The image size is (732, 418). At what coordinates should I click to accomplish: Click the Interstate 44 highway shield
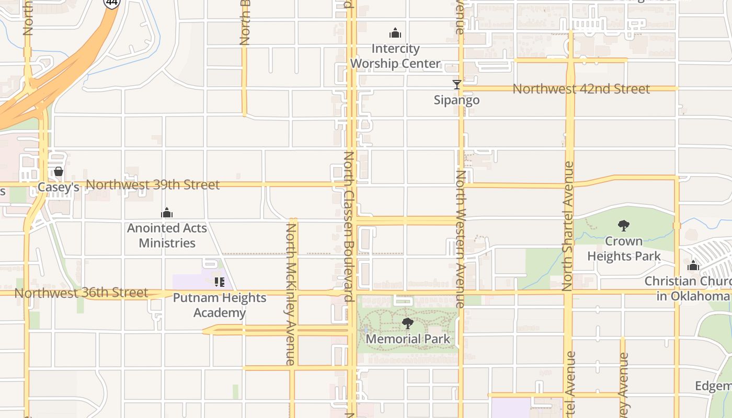[111, 3]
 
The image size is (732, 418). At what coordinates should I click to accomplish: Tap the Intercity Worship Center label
[395, 56]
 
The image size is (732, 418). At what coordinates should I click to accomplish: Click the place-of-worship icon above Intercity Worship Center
[395, 33]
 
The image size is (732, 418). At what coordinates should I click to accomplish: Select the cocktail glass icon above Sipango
[456, 84]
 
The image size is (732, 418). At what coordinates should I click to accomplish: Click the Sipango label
[456, 100]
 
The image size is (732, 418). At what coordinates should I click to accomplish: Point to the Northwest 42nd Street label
[581, 89]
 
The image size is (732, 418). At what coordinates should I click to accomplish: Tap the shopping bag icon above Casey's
[59, 171]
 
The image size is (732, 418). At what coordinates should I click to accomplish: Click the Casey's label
[59, 187]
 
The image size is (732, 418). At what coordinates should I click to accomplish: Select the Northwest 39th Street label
[153, 185]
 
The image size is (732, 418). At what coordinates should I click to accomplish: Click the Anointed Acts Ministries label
[167, 236]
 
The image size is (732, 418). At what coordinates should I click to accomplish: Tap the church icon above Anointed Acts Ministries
[167, 213]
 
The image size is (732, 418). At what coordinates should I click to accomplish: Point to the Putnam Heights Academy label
[220, 305]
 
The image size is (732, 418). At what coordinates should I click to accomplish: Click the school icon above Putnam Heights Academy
[220, 282]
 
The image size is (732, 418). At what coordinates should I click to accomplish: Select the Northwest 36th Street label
[81, 293]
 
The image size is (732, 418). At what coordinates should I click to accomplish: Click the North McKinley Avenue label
[291, 294]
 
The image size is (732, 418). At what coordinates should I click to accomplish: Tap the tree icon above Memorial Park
[408, 323]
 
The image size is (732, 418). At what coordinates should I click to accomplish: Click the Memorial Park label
[408, 339]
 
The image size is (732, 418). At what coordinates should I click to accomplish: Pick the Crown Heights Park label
[624, 249]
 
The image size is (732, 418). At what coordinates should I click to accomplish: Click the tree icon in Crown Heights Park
[623, 226]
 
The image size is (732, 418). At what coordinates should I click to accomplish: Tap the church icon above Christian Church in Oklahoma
[693, 265]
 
